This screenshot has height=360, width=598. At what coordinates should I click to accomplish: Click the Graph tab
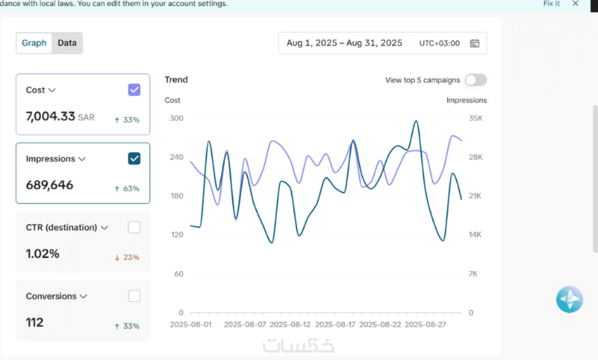[x=34, y=43]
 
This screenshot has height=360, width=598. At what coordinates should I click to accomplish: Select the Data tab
[x=67, y=43]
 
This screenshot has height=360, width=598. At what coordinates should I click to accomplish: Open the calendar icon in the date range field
[x=475, y=43]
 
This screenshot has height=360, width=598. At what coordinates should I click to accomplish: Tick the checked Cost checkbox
[x=134, y=90]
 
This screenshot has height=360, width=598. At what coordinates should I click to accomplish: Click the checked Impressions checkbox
[x=134, y=158]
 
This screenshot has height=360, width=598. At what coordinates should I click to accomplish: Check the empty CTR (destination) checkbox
[x=134, y=227]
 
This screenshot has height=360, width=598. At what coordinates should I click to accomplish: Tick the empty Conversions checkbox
[x=134, y=296]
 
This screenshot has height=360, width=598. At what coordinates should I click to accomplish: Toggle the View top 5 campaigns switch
[x=475, y=80]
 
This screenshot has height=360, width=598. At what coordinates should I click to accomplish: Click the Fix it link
[x=551, y=4]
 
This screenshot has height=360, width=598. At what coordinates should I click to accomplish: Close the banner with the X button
[x=576, y=4]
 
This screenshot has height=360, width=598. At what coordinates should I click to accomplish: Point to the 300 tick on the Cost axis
[x=177, y=118]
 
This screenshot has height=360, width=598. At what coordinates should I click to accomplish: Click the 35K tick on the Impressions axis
[x=475, y=118]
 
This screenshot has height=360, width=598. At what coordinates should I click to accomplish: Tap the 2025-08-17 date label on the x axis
[x=335, y=324]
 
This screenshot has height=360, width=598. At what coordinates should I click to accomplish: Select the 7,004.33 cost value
[x=51, y=116]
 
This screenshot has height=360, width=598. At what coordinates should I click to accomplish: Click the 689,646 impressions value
[x=49, y=185]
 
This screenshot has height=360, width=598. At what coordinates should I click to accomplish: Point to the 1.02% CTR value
[x=42, y=254]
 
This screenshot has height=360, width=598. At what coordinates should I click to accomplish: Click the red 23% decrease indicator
[x=127, y=257]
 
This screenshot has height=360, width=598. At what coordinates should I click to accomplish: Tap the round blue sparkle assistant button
[x=569, y=300]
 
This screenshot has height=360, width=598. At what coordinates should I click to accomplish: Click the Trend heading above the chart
[x=176, y=80]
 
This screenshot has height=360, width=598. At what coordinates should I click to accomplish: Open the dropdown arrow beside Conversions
[x=84, y=296]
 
